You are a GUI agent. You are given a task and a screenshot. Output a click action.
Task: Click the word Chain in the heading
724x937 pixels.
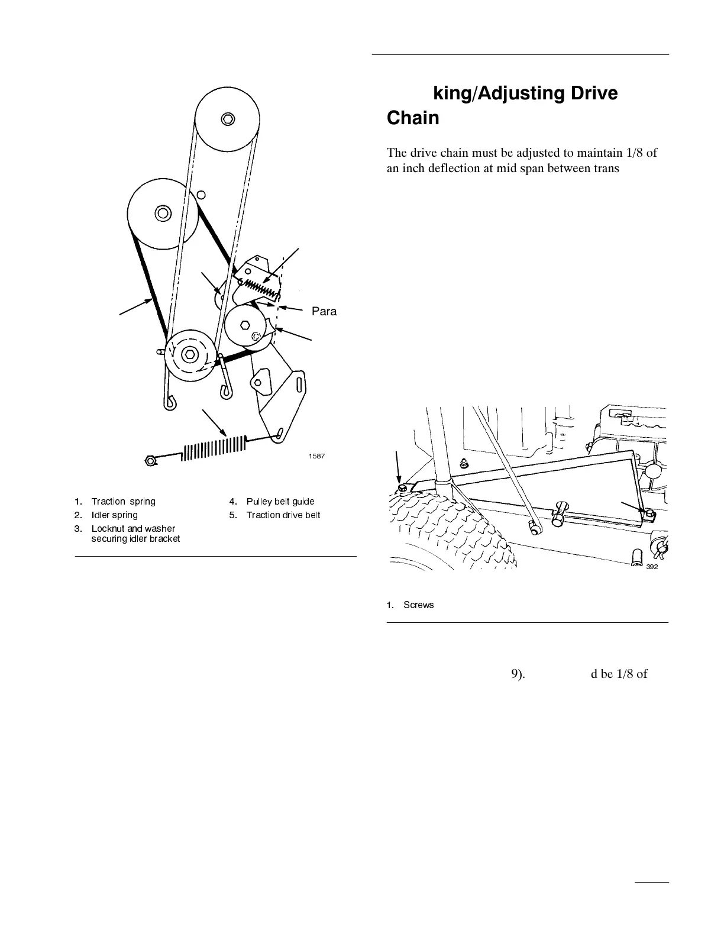tap(412, 118)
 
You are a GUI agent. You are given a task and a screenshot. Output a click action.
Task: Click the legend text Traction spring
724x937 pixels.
tap(123, 502)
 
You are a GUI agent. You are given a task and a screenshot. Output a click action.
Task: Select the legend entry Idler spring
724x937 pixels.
tap(114, 515)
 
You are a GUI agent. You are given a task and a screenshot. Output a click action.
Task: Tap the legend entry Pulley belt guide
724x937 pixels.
tap(280, 502)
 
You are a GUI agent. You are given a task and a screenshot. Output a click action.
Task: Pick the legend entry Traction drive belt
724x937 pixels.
tap(283, 515)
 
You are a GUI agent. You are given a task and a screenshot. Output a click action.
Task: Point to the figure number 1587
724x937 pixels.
tap(316, 456)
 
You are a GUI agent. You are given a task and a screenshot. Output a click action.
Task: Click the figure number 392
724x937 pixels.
tap(652, 566)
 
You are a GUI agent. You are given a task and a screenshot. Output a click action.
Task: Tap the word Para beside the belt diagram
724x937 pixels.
tap(324, 312)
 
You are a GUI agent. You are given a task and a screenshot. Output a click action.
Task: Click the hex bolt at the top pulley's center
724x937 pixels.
tap(227, 119)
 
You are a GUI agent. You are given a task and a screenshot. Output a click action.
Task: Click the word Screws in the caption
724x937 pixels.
tap(418, 605)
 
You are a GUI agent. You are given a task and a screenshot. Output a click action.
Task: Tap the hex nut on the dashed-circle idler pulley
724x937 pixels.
tap(189, 355)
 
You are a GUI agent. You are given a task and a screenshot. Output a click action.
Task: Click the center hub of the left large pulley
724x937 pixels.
tap(161, 212)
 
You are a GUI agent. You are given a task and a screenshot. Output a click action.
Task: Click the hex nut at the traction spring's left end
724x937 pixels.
tap(151, 460)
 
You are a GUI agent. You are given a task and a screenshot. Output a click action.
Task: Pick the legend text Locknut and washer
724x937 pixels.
tap(133, 528)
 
